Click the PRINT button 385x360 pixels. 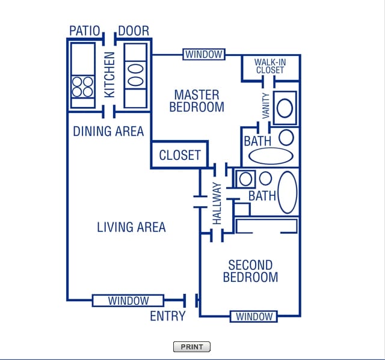[192, 347]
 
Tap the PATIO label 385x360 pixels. [84, 31]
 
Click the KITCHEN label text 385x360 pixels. [109, 75]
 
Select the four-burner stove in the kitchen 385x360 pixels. [82, 87]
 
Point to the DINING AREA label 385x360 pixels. [108, 131]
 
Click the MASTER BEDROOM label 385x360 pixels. [197, 101]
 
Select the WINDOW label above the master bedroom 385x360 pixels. [204, 55]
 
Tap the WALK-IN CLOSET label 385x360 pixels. [269, 66]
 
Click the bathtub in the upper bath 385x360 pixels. [271, 156]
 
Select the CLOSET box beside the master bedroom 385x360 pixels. [179, 155]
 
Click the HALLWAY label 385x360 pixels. [217, 204]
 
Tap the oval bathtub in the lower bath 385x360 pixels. [288, 192]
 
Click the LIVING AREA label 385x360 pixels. [131, 227]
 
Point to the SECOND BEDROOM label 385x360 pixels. [250, 271]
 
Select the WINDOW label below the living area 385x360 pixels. [128, 301]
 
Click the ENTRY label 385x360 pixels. [168, 316]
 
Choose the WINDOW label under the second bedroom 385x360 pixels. [254, 316]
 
